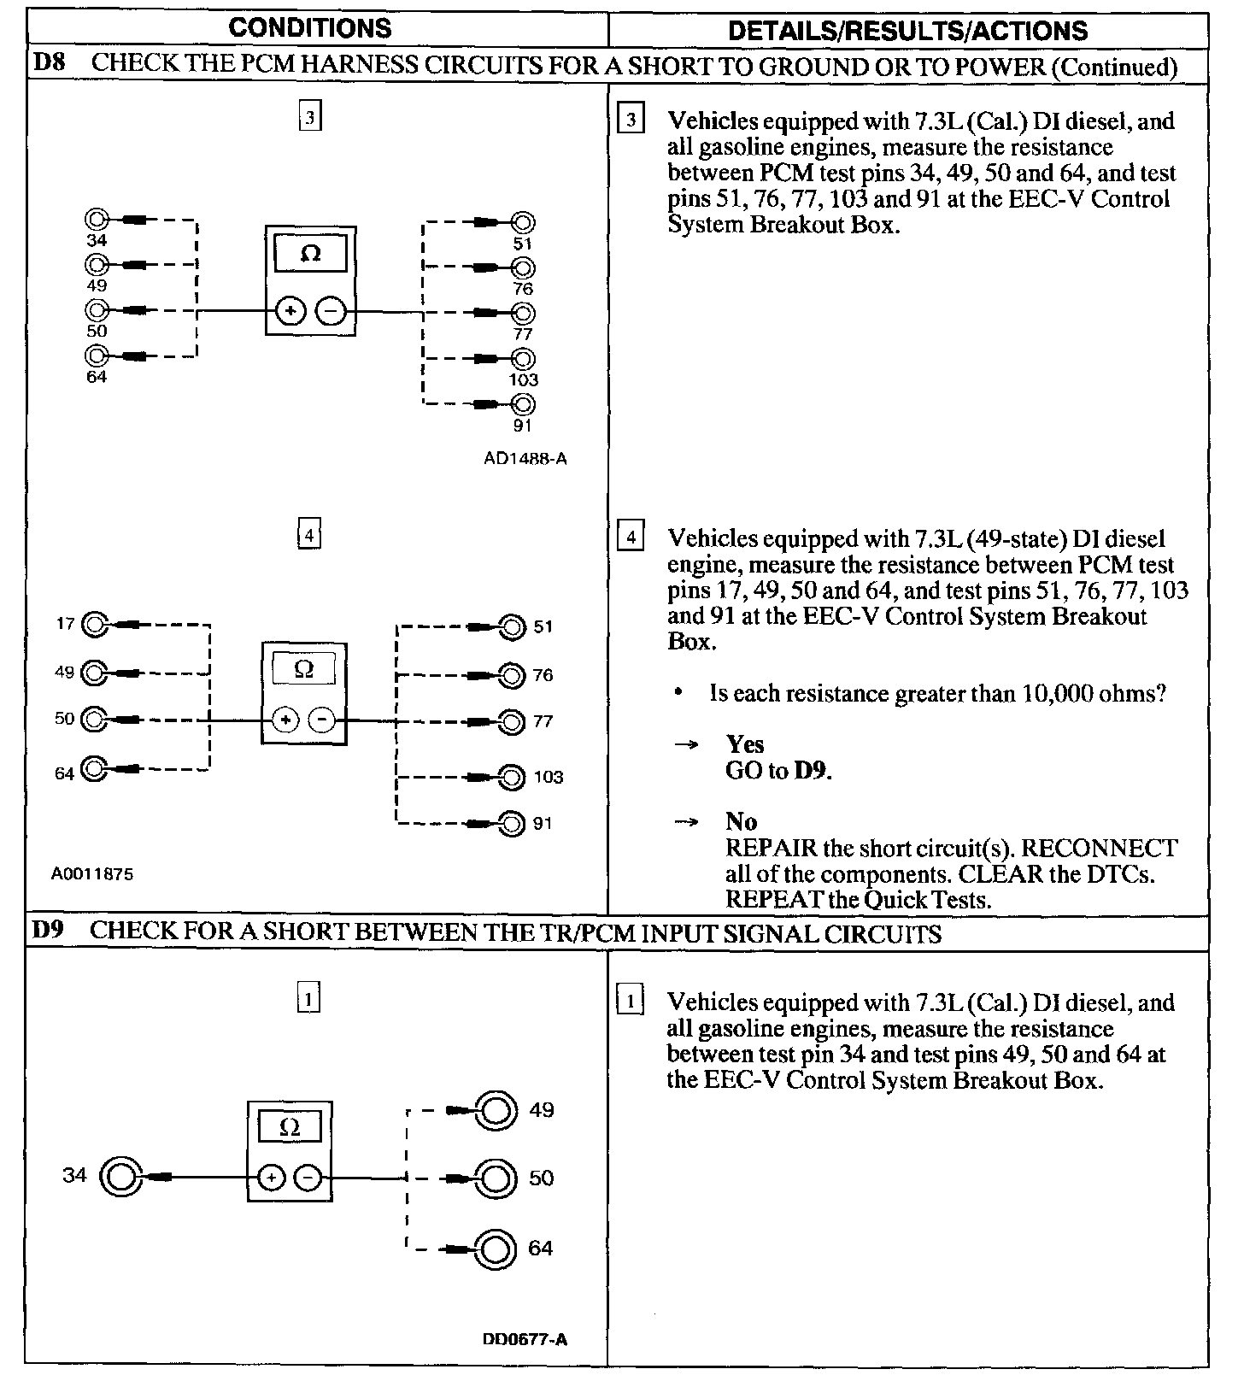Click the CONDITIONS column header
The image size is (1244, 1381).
pyautogui.click(x=309, y=28)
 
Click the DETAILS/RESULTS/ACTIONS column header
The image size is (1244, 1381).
pyautogui.click(x=907, y=31)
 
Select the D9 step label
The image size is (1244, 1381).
pyautogui.click(x=47, y=931)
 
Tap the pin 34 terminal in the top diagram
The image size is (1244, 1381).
pyautogui.click(x=97, y=219)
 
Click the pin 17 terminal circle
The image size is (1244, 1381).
pyautogui.click(x=94, y=625)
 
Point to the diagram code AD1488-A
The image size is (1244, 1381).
pyautogui.click(x=525, y=458)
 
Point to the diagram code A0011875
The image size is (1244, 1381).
pyautogui.click(x=92, y=873)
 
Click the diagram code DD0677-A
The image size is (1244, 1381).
pyautogui.click(x=525, y=1339)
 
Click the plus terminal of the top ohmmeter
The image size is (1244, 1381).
pyautogui.click(x=290, y=311)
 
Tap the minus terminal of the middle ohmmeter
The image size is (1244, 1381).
pyautogui.click(x=322, y=720)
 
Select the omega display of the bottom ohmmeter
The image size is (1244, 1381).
pyautogui.click(x=290, y=1128)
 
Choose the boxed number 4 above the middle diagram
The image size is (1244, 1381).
pyautogui.click(x=308, y=536)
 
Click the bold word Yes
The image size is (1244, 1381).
pyautogui.click(x=744, y=744)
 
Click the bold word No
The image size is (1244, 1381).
pyautogui.click(x=741, y=822)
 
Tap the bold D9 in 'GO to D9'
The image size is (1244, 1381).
pyautogui.click(x=811, y=771)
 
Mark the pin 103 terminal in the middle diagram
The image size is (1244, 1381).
pyautogui.click(x=512, y=777)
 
